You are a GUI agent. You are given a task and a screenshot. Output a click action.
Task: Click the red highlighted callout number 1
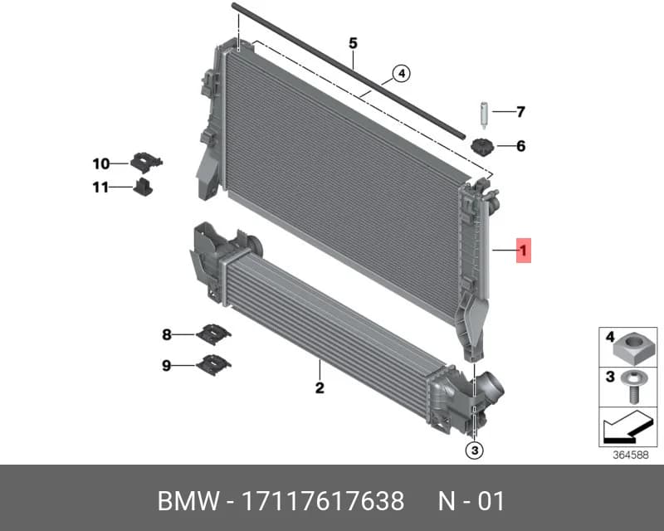[x=524, y=251]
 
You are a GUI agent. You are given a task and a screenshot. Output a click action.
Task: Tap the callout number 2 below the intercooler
[x=320, y=387]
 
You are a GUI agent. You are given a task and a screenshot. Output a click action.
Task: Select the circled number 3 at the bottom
[x=474, y=451]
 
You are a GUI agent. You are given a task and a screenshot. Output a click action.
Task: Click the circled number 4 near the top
[x=402, y=74]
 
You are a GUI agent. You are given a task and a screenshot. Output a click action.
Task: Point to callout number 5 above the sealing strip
[x=354, y=43]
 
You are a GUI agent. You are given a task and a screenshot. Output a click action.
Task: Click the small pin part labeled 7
[x=484, y=114]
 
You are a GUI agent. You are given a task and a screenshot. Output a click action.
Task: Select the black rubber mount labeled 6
[x=482, y=147]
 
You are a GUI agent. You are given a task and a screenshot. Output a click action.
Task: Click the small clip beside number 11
[x=143, y=187]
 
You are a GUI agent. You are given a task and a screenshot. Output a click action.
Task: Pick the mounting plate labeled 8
[x=213, y=334]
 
